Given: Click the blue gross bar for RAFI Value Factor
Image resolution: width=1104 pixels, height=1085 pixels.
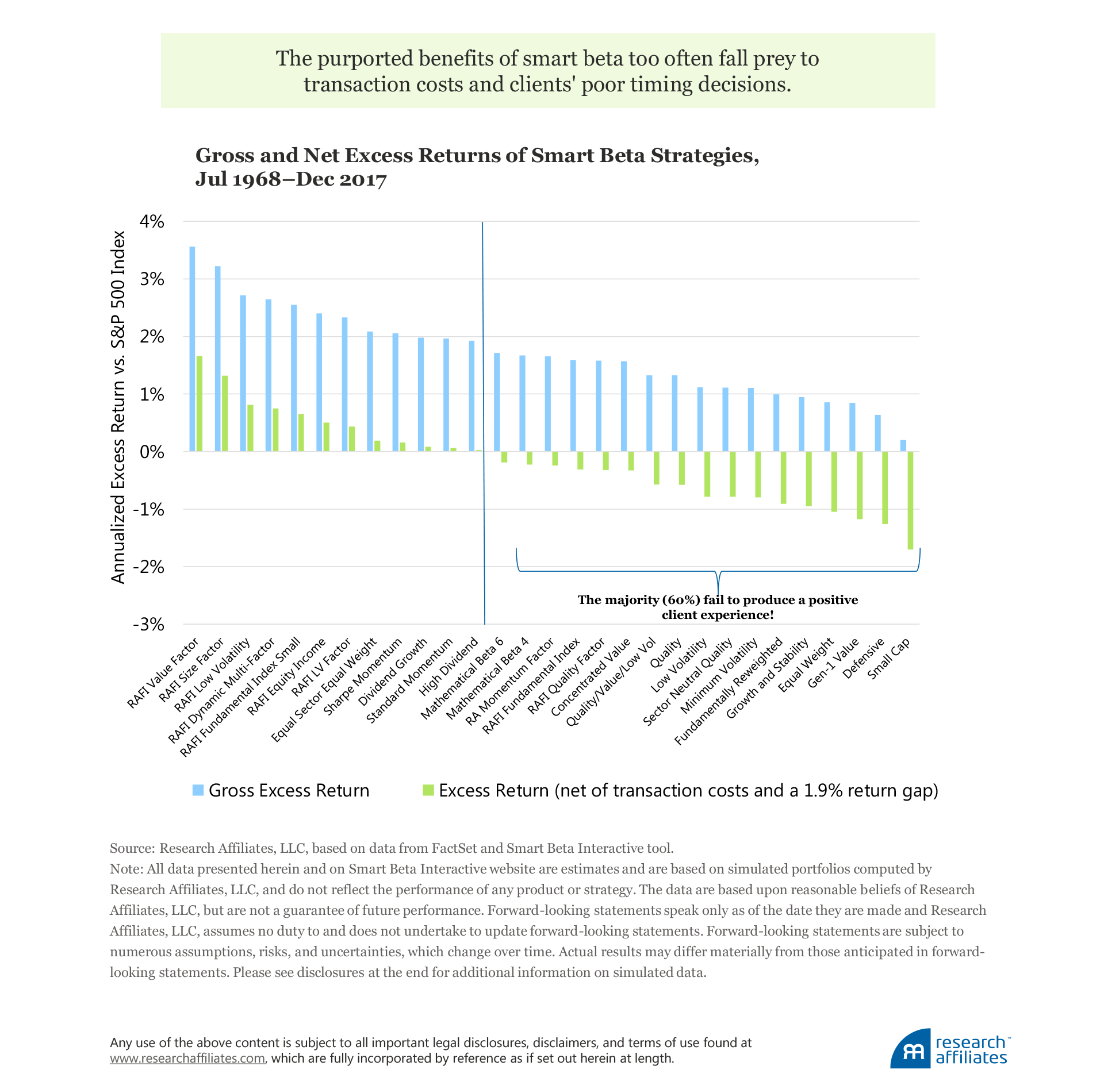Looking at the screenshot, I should point(192,349).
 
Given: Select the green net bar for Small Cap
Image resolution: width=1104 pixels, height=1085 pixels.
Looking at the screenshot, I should point(910,500).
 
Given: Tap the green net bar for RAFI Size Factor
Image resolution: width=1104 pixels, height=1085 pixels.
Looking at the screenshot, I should point(225,413).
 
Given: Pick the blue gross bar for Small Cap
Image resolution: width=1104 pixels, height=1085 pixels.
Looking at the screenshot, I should point(903,445).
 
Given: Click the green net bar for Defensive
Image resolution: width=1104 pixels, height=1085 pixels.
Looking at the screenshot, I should point(885,487).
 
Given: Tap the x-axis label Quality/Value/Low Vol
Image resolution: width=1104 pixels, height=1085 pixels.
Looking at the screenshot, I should point(611,683).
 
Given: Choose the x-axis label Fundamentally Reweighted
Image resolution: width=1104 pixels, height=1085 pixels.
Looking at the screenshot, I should point(729,692).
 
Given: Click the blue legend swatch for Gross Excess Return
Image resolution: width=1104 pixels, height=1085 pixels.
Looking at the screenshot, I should point(198,790).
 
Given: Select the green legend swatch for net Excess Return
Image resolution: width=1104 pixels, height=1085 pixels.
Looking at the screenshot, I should point(428,790).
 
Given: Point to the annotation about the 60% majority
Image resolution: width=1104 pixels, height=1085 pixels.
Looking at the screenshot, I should point(718,607).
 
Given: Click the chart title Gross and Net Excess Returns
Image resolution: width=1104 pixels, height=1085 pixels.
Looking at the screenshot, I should point(477,167).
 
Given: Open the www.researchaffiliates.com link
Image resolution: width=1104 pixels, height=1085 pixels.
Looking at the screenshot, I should point(187,1058).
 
